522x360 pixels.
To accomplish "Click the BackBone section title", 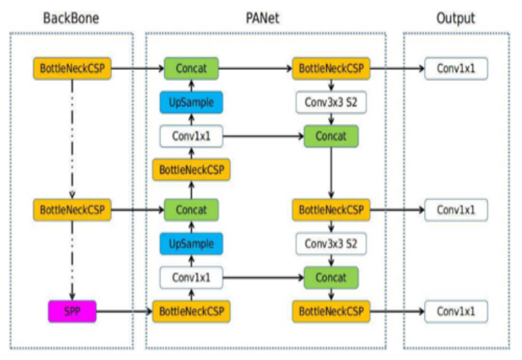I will (71, 19).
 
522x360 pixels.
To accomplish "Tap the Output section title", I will (455, 19).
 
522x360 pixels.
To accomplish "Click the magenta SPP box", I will (72, 312).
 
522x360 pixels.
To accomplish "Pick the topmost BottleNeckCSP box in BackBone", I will (72, 69).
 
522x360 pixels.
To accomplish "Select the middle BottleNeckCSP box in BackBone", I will (72, 210).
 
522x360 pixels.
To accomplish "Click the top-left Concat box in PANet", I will (191, 69).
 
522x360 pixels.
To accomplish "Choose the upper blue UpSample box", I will (191, 102).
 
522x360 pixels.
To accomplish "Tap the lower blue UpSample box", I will (191, 244).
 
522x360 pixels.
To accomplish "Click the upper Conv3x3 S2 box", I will (331, 102).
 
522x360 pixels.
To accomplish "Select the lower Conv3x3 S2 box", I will (331, 244).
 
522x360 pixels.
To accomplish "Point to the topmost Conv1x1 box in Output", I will (456, 69).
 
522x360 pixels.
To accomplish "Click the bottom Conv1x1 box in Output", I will (456, 312).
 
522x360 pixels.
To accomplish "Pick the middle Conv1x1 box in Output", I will (456, 210).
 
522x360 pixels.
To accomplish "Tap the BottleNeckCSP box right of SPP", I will (191, 312).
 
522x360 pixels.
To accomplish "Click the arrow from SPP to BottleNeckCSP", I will (124, 312).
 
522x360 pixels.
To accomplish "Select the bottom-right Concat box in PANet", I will (331, 278).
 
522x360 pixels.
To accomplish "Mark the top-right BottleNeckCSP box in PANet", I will (331, 69).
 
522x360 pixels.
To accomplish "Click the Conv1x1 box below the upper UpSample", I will (191, 136).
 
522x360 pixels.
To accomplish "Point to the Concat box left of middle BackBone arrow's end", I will (191, 210).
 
